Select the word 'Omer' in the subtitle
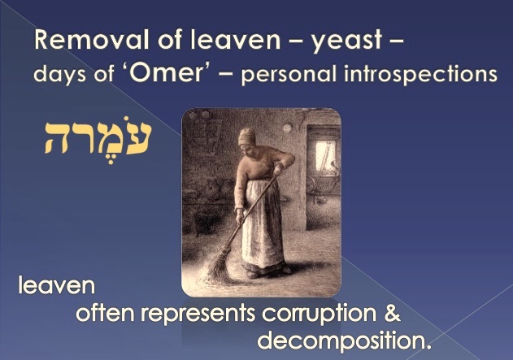pyautogui.click(x=169, y=73)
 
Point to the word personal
pyautogui.click(x=289, y=75)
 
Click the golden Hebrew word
pyautogui.click(x=98, y=139)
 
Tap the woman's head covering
pyautogui.click(x=246, y=137)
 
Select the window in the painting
pyautogui.click(x=325, y=155)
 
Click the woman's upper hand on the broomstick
pyautogui.click(x=278, y=169)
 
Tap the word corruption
pyautogui.click(x=319, y=314)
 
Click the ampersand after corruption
pyautogui.click(x=392, y=311)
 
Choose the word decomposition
pyautogui.click(x=344, y=341)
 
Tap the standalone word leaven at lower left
pyautogui.click(x=57, y=284)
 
